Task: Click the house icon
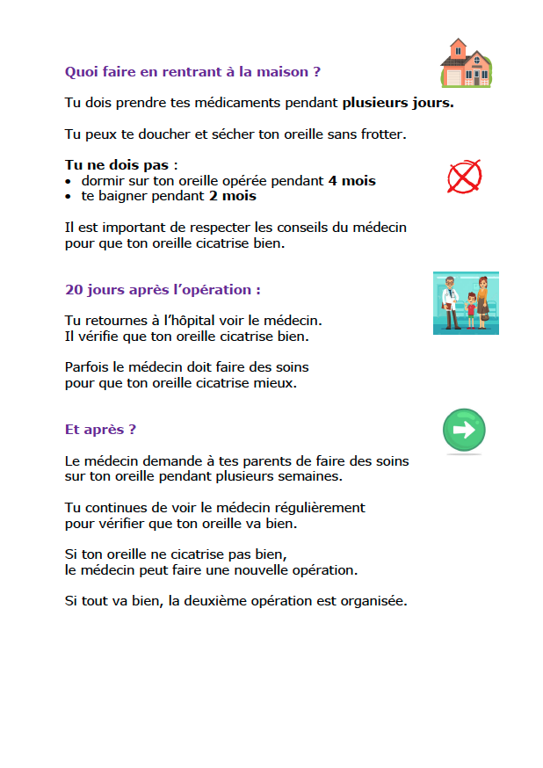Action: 466,63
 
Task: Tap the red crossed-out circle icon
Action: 464,177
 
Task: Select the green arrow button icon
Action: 464,431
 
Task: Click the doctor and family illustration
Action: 466,303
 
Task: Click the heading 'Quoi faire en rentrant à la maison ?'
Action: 192,70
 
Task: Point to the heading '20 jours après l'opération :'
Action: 163,289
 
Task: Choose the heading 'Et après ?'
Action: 100,430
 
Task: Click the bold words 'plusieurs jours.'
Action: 398,103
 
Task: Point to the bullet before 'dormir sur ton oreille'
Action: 69,182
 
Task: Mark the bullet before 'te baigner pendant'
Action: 69,197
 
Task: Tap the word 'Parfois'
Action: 88,366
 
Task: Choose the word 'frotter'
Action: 386,134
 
